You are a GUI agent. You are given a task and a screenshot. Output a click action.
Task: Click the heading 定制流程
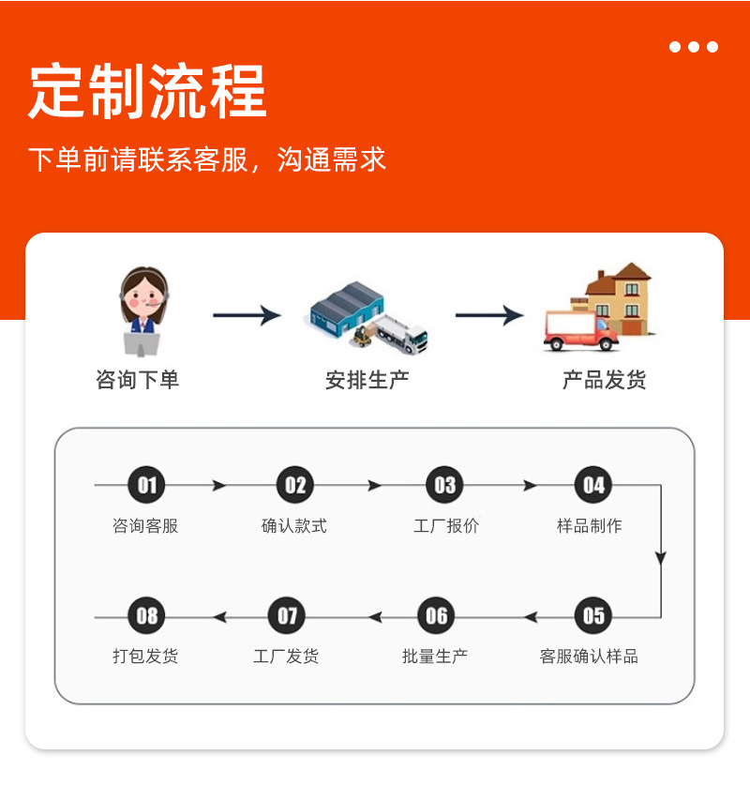[147, 92]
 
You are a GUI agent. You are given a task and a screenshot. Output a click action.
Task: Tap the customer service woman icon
[142, 310]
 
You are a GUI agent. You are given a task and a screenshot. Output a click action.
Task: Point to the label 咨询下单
[137, 380]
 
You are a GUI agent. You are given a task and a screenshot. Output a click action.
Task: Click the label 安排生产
[367, 380]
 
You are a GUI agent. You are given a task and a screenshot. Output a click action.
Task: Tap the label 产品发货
[604, 380]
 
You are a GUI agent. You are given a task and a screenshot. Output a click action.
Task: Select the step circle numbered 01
[147, 485]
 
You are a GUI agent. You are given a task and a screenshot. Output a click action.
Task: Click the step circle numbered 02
[295, 485]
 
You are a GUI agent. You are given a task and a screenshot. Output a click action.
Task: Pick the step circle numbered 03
[445, 485]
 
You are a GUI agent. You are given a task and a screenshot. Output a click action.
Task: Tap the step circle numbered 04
[593, 485]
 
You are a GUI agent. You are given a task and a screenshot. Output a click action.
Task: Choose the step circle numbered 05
[593, 616]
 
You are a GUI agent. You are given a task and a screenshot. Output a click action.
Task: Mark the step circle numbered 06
[437, 616]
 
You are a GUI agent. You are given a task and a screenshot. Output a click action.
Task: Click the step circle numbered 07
[287, 616]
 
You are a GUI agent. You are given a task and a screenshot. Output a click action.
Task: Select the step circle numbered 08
[147, 616]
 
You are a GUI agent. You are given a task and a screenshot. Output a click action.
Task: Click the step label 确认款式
[294, 526]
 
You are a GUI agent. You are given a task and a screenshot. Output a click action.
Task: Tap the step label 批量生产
[435, 657]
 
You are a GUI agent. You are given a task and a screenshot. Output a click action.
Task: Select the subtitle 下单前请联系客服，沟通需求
[206, 159]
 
